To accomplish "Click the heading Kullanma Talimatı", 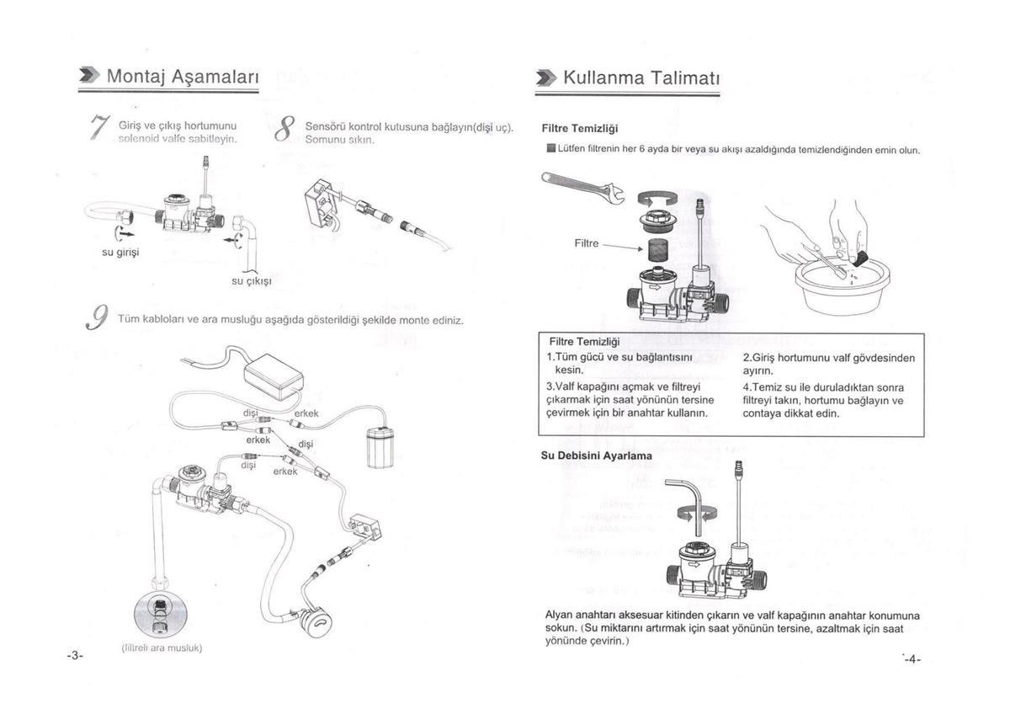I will click(x=640, y=78).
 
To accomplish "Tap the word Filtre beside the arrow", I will click(x=586, y=243).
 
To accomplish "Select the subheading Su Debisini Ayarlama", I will click(x=596, y=456).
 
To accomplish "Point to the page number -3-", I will click(x=76, y=655).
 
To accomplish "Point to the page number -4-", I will click(x=912, y=659).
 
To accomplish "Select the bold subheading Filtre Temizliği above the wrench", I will click(x=580, y=129).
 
